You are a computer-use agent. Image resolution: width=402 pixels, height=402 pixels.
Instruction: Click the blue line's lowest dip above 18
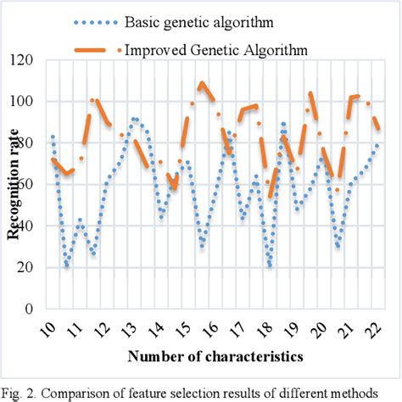tap(270, 265)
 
